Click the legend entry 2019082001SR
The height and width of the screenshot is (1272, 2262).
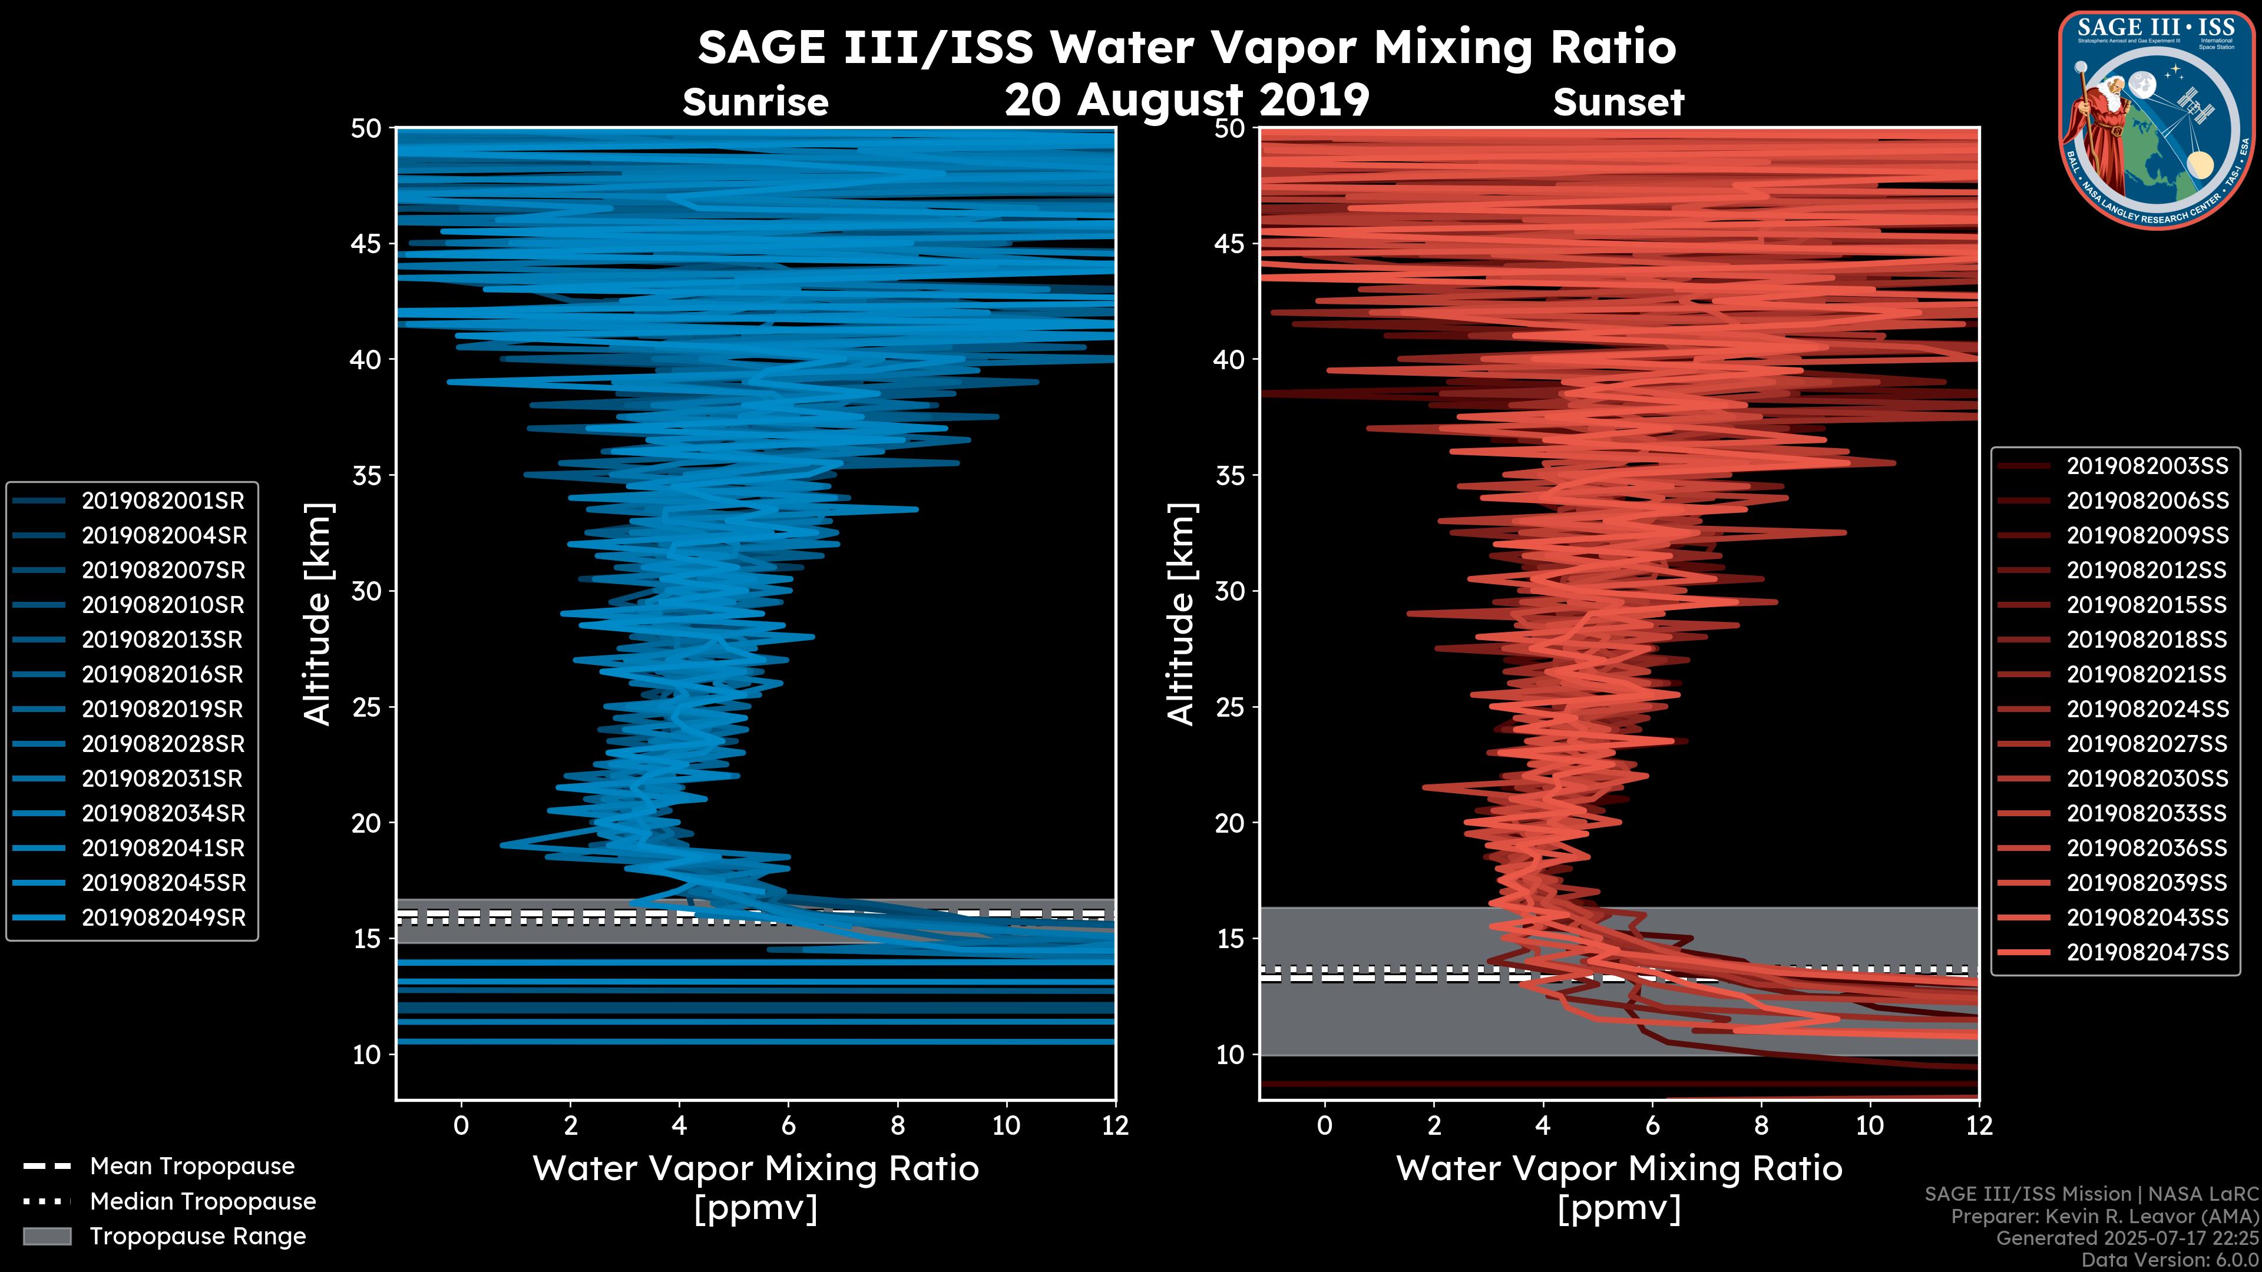[163, 501]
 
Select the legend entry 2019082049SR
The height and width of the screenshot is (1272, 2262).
[163, 918]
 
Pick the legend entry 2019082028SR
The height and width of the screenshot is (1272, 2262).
[163, 744]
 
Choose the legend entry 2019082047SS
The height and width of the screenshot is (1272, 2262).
[2147, 952]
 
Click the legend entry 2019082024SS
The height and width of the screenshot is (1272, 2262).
[2147, 709]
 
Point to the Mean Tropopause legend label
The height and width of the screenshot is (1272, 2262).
[191, 1167]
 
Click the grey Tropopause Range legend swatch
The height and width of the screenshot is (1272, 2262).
[47, 1237]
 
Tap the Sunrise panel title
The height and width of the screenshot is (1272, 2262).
[755, 102]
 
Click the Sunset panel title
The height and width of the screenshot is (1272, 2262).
[1618, 102]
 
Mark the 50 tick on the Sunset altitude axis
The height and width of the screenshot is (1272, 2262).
[1230, 129]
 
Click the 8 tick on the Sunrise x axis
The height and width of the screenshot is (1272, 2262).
[897, 1125]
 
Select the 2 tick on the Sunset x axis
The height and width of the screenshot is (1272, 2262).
[1434, 1125]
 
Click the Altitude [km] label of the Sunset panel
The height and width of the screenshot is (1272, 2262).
[1181, 614]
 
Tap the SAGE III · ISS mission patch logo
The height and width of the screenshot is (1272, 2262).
[2157, 118]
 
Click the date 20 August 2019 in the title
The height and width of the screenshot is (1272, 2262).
[1186, 100]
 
